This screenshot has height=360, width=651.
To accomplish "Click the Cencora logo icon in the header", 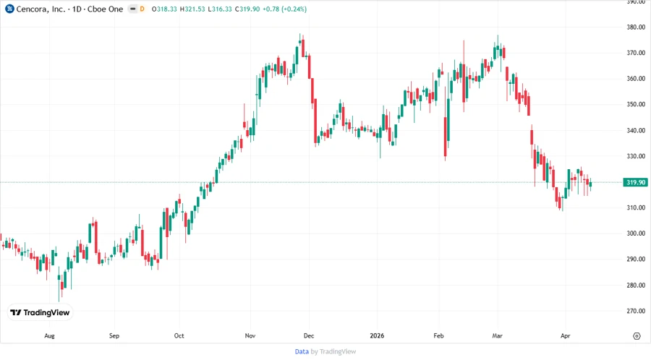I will pyautogui.click(x=9, y=9).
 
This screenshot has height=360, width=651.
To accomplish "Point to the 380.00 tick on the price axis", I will pyautogui.click(x=636, y=27).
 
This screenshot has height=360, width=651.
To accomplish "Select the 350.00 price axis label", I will pyautogui.click(x=636, y=105).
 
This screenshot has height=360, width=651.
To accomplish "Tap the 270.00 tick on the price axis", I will pyautogui.click(x=636, y=311).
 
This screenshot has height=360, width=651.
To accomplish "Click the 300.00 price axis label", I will pyautogui.click(x=636, y=233).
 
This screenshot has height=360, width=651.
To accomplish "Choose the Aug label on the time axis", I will pyautogui.click(x=49, y=336).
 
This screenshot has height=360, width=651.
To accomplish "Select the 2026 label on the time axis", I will pyautogui.click(x=376, y=336).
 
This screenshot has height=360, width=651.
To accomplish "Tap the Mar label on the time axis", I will pyautogui.click(x=497, y=336).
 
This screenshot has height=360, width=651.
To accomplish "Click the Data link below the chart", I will pyautogui.click(x=302, y=351).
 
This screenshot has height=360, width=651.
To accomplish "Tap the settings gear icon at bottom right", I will pyautogui.click(x=636, y=336).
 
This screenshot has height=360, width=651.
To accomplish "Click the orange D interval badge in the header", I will pyautogui.click(x=142, y=9).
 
